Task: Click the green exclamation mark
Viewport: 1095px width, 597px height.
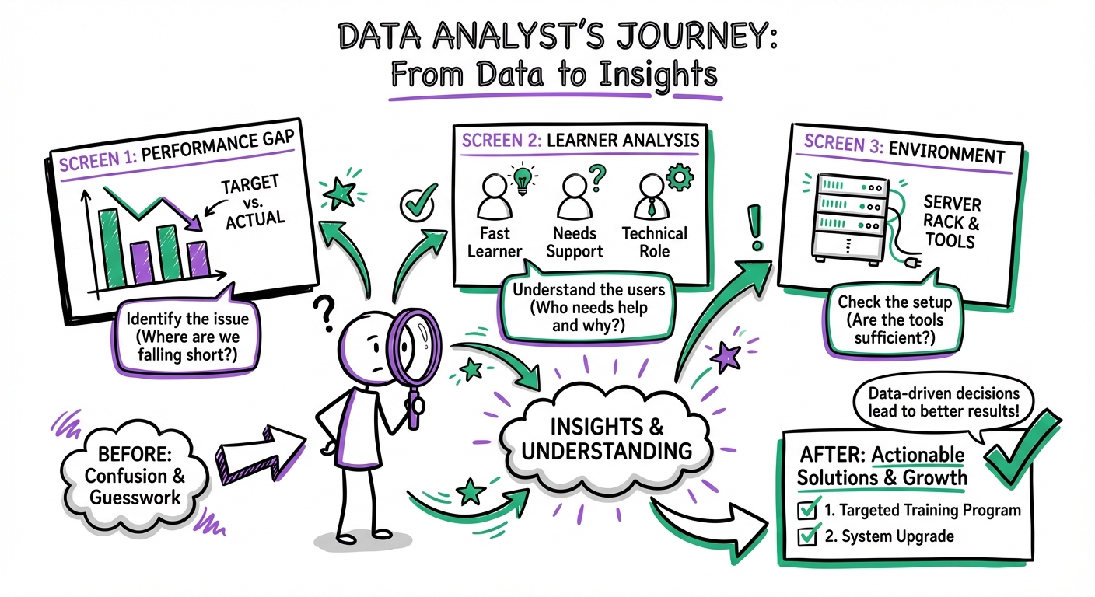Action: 753,227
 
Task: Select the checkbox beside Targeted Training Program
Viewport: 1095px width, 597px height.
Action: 808,510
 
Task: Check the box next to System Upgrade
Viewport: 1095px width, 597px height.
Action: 808,536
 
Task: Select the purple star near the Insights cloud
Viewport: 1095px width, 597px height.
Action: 728,356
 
